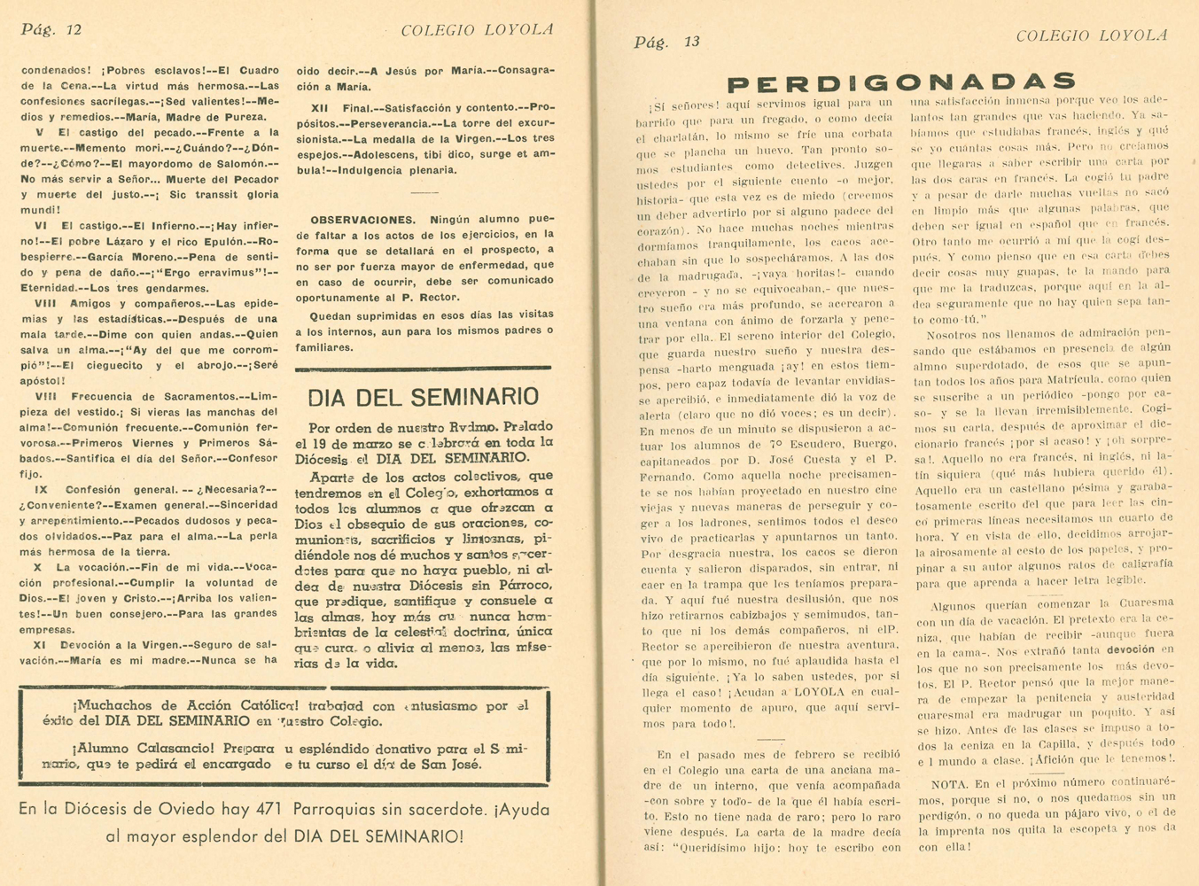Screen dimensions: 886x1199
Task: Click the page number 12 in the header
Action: (74, 30)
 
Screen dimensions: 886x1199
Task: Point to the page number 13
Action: (690, 42)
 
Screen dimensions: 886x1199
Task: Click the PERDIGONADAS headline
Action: (901, 83)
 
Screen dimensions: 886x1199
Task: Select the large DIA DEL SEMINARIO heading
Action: (423, 396)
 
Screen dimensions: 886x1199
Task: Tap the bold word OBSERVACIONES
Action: (362, 220)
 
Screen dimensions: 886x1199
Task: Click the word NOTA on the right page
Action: (948, 784)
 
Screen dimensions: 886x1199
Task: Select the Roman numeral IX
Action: (41, 489)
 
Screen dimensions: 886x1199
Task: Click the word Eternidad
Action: (49, 288)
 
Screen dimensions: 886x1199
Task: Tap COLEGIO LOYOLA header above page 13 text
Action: (1092, 36)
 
